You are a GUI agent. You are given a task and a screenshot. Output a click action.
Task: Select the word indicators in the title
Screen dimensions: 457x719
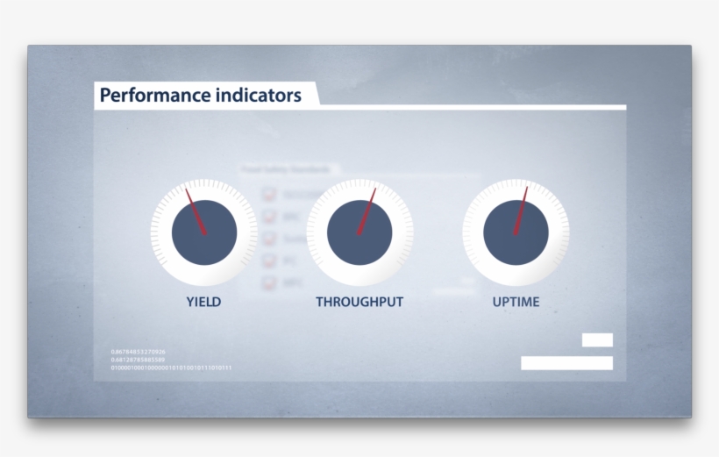tap(258, 95)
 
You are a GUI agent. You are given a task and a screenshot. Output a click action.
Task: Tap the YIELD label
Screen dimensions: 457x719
tap(203, 302)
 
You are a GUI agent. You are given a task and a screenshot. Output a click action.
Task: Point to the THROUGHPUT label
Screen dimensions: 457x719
tap(359, 302)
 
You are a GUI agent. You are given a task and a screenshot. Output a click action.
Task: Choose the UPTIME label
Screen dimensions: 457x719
tap(516, 302)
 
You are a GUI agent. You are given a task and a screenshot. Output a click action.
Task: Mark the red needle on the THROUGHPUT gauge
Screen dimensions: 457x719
tap(367, 211)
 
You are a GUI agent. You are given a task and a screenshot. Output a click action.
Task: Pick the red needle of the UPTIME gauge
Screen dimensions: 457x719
tap(521, 209)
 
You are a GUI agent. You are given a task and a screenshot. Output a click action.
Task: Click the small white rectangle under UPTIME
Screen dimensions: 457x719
tap(597, 339)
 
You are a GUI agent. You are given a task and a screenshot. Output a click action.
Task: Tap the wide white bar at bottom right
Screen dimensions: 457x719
tap(566, 362)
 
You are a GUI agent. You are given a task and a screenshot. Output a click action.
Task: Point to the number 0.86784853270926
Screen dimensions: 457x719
tap(138, 352)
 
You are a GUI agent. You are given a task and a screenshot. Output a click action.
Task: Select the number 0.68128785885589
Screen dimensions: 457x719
tap(138, 360)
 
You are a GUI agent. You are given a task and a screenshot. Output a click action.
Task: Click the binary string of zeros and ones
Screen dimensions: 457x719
tap(171, 368)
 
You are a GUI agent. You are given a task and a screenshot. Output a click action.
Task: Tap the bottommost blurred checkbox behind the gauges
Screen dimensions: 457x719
tap(270, 282)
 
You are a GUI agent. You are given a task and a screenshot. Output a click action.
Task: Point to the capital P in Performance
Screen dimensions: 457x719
tap(105, 95)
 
